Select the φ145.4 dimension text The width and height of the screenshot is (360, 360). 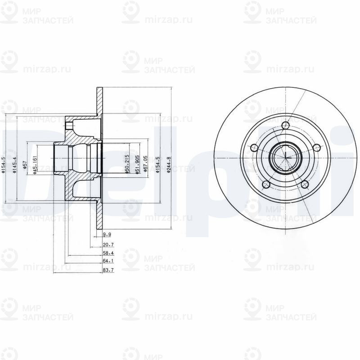coord(15,164)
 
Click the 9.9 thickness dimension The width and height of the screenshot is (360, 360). coord(107,234)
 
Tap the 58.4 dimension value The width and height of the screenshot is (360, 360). coord(108,253)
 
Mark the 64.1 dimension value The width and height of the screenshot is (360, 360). coord(108,261)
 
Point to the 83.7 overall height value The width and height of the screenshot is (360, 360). coord(108,270)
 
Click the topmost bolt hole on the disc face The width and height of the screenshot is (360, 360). coord(285,126)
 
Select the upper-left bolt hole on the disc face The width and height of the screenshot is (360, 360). coord(254,148)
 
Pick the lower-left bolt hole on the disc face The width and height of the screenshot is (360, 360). coord(266,184)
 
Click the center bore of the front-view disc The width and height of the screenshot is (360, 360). coord(285,158)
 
